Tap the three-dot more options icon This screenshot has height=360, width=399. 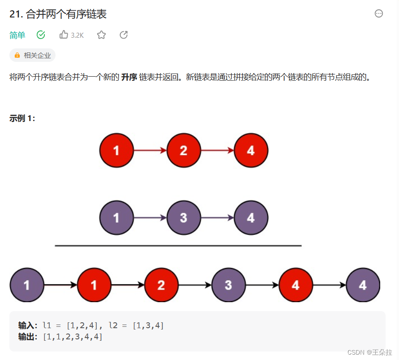pyautogui.click(x=379, y=13)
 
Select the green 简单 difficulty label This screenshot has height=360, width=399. pyautogui.click(x=17, y=35)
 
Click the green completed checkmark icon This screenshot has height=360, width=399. pyautogui.click(x=41, y=35)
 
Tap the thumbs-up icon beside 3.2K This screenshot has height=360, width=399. pyautogui.click(x=64, y=35)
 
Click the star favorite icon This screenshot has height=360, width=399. pyautogui.click(x=102, y=35)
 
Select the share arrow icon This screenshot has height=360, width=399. pyautogui.click(x=124, y=35)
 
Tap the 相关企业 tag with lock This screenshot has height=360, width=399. pyautogui.click(x=32, y=55)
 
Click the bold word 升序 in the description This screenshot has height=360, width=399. pyautogui.click(x=129, y=77)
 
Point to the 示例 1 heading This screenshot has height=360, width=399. pyautogui.click(x=22, y=118)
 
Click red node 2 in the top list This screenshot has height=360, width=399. pyautogui.click(x=184, y=150)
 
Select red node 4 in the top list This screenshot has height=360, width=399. pyautogui.click(x=251, y=150)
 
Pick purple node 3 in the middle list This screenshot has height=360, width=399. pyautogui.click(x=184, y=218)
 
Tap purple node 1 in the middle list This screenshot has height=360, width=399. pyautogui.click(x=116, y=218)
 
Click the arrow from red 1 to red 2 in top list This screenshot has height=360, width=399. pyautogui.click(x=150, y=151)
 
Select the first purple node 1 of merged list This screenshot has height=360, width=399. pyautogui.click(x=27, y=285)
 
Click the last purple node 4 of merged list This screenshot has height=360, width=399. pyautogui.click(x=363, y=285)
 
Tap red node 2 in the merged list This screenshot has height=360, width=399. pyautogui.click(x=161, y=285)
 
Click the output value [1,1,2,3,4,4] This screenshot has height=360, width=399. pyautogui.click(x=73, y=337)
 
